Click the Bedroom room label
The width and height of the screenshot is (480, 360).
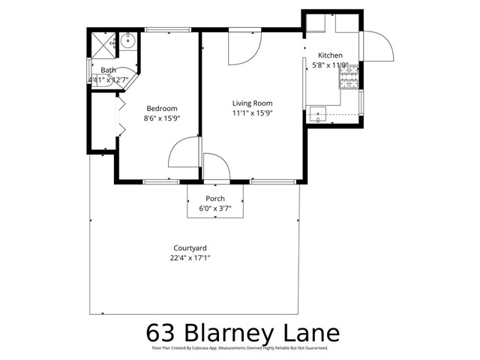tap(162, 107)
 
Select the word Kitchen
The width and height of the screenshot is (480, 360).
tap(330, 55)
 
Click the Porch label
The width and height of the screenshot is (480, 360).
tap(215, 199)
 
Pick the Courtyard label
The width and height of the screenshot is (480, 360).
tap(190, 248)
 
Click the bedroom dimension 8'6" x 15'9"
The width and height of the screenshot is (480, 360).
tap(162, 118)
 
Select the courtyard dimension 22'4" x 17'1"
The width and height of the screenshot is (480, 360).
tap(190, 258)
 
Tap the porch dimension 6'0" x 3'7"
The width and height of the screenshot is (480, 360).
tap(215, 208)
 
